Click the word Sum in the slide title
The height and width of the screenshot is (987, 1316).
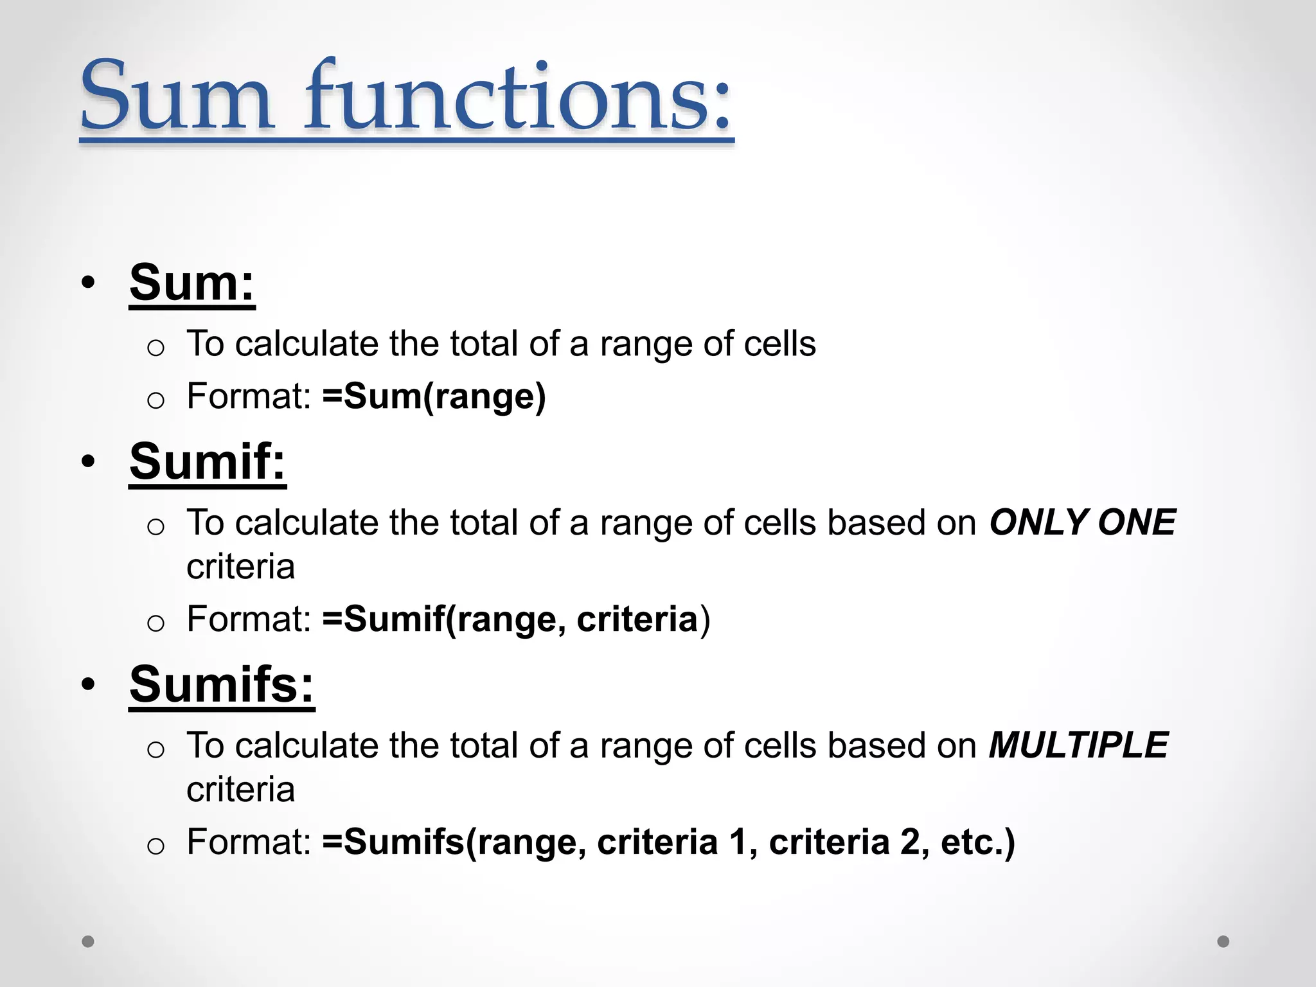coord(176,96)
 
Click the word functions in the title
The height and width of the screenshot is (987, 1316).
coord(517,96)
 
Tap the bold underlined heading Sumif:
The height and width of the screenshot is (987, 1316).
coord(207,462)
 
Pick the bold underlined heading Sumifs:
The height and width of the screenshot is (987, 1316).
coord(222,685)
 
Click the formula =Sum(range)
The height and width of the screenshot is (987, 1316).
coord(434,396)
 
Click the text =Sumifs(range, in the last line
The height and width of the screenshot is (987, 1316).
coord(454,842)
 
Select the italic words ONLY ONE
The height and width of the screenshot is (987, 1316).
coord(1082,522)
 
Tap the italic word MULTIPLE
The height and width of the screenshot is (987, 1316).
coord(1078,745)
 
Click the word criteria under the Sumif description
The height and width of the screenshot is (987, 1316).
coord(240,567)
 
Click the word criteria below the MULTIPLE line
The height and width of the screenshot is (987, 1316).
coord(240,790)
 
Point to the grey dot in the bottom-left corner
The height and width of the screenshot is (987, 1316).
coord(88,941)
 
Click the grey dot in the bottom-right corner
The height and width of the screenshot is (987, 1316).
coord(1223,941)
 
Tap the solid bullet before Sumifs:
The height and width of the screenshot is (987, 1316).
coord(89,685)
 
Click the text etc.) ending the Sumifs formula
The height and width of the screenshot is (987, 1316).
coord(977,842)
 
